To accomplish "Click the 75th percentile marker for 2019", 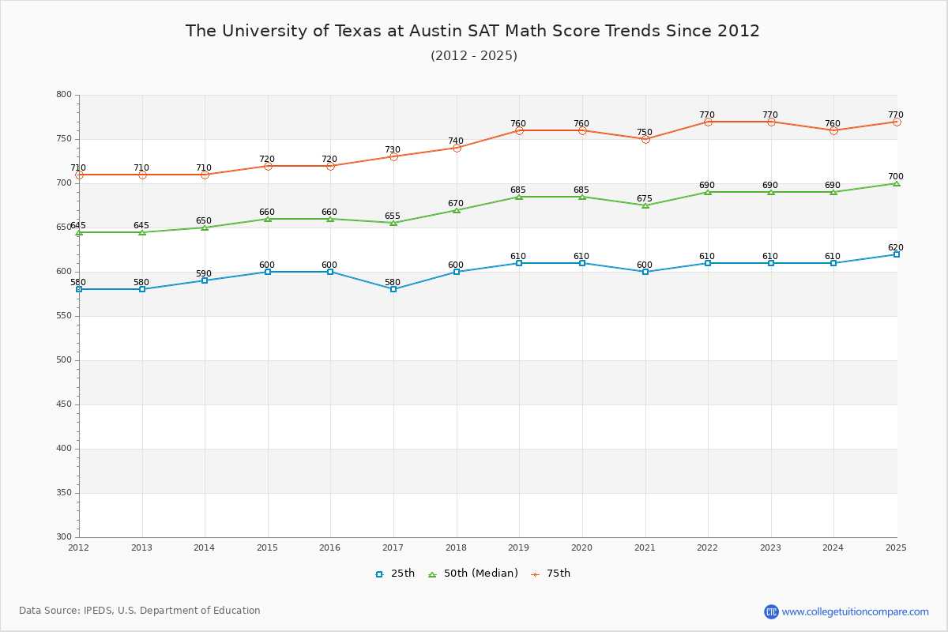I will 519,130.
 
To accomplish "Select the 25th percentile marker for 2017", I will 393,289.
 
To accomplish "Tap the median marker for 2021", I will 645,205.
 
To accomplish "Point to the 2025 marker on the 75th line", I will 897,122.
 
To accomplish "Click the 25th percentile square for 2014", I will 205,280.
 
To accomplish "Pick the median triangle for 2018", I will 457,210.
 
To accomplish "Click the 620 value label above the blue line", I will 895,248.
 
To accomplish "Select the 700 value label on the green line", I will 895,177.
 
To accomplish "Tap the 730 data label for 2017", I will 393,150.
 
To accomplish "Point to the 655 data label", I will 393,216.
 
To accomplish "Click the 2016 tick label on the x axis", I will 329,547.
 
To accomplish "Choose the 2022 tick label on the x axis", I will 707,547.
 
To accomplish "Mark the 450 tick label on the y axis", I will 63,404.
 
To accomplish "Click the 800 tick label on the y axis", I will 63,95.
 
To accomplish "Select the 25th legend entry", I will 395,574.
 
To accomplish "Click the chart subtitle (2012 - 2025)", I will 474,56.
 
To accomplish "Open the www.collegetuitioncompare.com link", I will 855,611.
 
